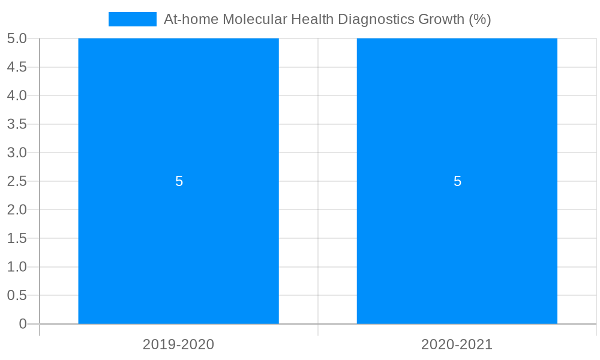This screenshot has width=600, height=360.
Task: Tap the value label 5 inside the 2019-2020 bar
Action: click(x=179, y=181)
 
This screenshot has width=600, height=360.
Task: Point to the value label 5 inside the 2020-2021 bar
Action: click(x=457, y=181)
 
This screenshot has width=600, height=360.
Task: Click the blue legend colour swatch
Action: click(x=132, y=19)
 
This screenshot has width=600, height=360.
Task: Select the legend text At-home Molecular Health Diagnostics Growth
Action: click(x=327, y=19)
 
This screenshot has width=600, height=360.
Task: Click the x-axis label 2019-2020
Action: click(x=178, y=344)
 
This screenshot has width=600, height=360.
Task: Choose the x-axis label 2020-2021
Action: click(x=457, y=344)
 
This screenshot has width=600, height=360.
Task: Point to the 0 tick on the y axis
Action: click(x=23, y=324)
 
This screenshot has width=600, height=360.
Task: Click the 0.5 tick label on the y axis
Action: click(x=17, y=295)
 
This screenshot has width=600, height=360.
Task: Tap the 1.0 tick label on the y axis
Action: click(x=17, y=267)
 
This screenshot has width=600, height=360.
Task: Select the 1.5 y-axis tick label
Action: click(x=17, y=238)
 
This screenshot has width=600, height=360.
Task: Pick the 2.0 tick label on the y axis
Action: click(x=17, y=209)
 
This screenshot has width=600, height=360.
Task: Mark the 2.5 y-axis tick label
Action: click(x=17, y=181)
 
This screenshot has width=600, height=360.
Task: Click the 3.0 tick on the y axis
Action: click(x=17, y=152)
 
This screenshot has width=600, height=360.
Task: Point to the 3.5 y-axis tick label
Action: click(x=17, y=124)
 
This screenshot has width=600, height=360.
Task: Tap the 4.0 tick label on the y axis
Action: click(x=17, y=95)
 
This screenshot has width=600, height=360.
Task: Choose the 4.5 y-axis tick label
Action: click(x=17, y=67)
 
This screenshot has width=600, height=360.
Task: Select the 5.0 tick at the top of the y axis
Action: click(x=17, y=38)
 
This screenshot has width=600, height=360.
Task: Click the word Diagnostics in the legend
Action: click(x=376, y=19)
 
